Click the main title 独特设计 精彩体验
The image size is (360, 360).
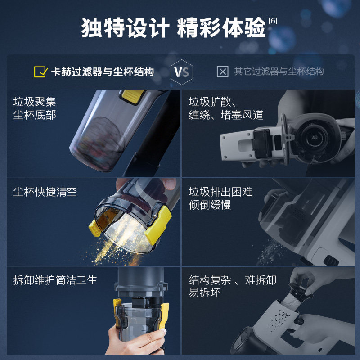[x=173, y=28]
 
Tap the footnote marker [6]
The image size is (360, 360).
[x=273, y=21]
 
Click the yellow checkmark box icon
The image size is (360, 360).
[x=40, y=72]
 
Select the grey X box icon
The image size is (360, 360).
[x=222, y=72]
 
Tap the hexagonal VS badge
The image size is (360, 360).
[x=182, y=72]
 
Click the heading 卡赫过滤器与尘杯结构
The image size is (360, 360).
[x=102, y=72]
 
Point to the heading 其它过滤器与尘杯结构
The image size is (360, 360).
[x=279, y=72]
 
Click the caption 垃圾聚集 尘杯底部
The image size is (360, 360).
[x=35, y=108]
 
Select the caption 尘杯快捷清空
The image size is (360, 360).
[x=45, y=192]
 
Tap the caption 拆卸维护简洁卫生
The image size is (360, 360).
[x=55, y=280]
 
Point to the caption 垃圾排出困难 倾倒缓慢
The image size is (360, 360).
[x=220, y=198]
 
